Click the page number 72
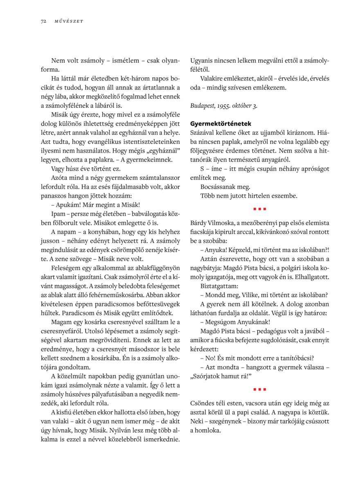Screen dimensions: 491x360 pos(43,21)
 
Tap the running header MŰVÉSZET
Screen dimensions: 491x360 pos(68,21)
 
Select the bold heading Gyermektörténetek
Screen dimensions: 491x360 pos(220,123)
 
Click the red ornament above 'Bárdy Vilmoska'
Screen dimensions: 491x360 pos(260,209)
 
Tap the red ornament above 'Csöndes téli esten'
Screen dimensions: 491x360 pos(260,389)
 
